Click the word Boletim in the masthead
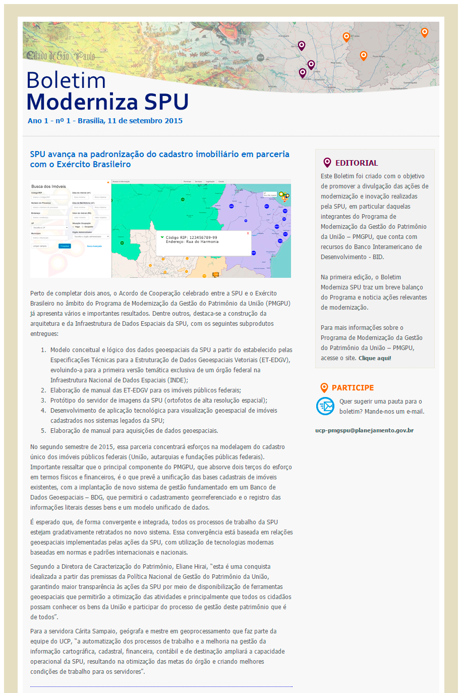tap(66, 81)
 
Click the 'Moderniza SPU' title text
tap(107, 102)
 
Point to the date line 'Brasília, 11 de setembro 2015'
tap(130, 121)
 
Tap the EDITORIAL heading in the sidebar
tap(356, 163)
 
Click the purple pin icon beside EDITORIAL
tap(327, 163)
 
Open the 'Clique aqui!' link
tap(375, 358)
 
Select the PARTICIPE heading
tap(353, 388)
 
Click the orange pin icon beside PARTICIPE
tap(324, 388)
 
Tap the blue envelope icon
tap(325, 406)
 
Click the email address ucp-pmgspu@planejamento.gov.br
tap(364, 430)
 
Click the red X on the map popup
tap(248, 233)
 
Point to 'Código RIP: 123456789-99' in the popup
tap(192, 237)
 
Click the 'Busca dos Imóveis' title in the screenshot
tap(48, 186)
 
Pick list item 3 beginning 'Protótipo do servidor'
tap(158, 401)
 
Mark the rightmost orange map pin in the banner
tap(425, 32)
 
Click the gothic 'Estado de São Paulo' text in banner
tap(61, 56)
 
